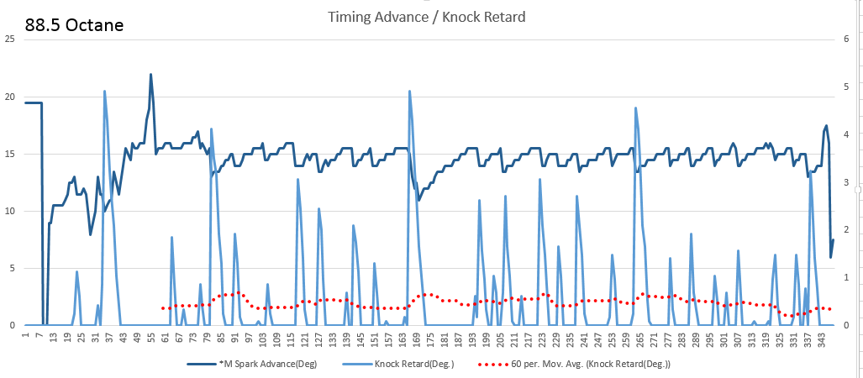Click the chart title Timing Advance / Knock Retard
432,17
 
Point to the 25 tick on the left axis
9,39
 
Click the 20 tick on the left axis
9,96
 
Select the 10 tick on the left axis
9,210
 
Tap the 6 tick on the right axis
849,39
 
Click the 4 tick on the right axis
849,134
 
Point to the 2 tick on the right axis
849,229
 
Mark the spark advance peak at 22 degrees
150,74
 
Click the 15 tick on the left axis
9,153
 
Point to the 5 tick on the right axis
849,87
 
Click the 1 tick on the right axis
849,277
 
